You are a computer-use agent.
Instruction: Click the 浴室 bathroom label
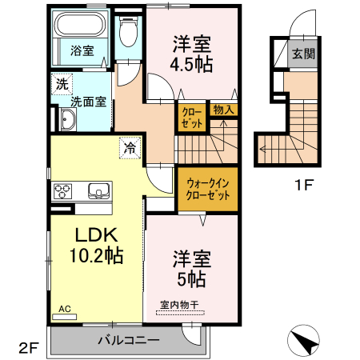tap(82, 50)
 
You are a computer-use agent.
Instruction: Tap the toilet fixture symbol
tap(126, 34)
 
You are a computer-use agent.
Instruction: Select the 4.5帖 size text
tap(191, 65)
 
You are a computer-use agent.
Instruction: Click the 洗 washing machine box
tap(61, 82)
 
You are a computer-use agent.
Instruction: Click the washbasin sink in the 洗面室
tap(67, 121)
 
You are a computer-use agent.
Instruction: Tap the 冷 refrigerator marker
tap(129, 147)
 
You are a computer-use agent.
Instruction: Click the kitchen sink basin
tap(99, 190)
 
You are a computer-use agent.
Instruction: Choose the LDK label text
tap(97, 235)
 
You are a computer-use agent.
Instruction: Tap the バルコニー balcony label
tap(128, 339)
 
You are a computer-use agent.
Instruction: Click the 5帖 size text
tap(191, 279)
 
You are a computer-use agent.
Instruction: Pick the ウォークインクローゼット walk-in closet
tap(206, 189)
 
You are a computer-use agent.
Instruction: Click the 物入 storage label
tap(223, 110)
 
